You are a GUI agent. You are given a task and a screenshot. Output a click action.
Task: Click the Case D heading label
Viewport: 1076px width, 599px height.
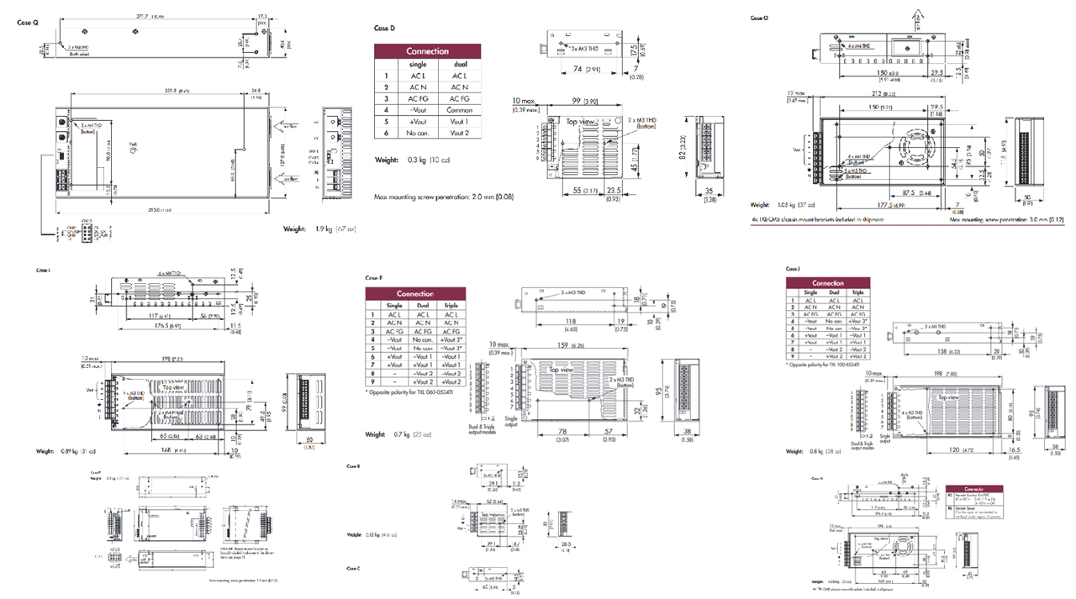click(384, 29)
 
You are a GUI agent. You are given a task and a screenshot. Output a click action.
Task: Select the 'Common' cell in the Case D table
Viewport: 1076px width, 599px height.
click(459, 110)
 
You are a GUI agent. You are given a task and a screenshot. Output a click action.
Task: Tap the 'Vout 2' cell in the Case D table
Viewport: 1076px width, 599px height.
click(459, 134)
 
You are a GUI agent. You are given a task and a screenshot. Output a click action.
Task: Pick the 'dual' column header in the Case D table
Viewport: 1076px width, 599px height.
click(459, 64)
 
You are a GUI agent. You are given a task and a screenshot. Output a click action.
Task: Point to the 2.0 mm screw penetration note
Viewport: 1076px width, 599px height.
click(444, 197)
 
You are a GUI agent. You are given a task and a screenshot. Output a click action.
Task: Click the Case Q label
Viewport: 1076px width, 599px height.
click(28, 23)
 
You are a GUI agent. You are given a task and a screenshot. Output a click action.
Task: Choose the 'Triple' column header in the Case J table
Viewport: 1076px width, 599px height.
click(857, 292)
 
